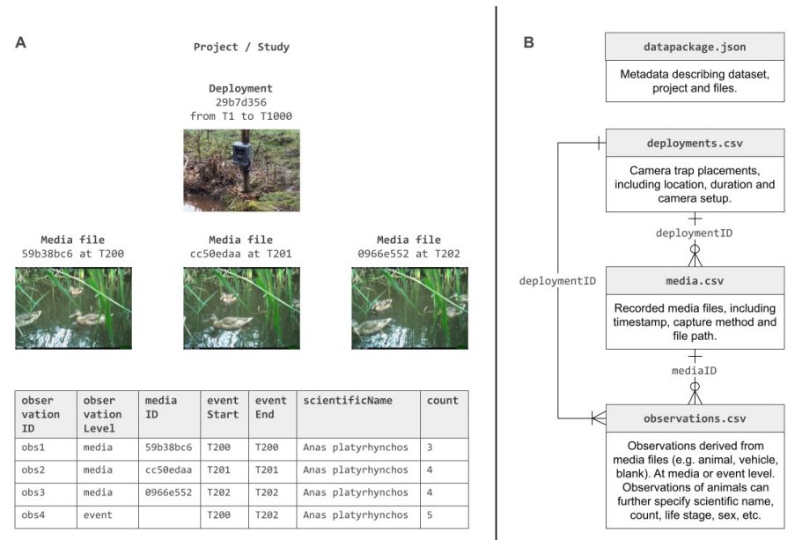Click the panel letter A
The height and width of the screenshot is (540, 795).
point(20,41)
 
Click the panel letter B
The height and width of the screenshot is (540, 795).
point(529,41)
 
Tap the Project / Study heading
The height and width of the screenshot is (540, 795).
point(241,47)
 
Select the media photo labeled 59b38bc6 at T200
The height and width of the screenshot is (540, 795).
point(73,307)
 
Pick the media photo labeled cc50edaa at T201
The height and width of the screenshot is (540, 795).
point(241,307)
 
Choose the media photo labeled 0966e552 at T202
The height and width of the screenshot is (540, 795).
point(409,307)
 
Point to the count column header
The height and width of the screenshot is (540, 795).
point(443,401)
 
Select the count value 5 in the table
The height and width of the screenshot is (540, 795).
point(431,515)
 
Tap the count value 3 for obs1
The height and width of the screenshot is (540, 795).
point(431,448)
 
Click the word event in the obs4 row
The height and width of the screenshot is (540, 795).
point(98,515)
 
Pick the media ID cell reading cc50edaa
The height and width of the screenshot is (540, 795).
point(166,470)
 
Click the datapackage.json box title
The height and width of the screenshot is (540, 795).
point(695,46)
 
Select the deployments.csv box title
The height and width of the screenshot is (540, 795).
point(695,143)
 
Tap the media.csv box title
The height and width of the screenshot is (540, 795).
point(695,281)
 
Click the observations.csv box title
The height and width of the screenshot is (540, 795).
point(695,418)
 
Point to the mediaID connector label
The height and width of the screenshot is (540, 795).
point(694,371)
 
